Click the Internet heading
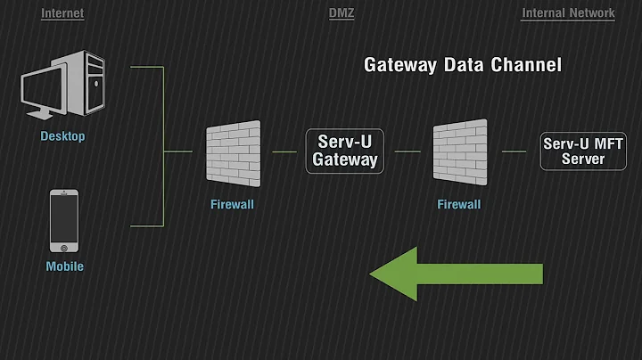coord(62,13)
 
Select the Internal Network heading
coord(568,13)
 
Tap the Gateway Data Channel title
coord(462,65)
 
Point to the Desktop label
coord(62,137)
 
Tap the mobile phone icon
coord(62,219)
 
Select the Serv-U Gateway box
coord(345,151)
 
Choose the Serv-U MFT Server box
coord(586,151)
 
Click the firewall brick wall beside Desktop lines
coord(233,152)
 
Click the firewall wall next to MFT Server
coord(459,152)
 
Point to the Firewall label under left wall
coord(233,204)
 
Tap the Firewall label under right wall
coord(459,204)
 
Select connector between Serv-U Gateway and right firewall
coord(407,151)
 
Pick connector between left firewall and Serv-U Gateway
coord(284,151)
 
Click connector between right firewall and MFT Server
coord(514,151)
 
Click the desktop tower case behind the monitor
coord(89,80)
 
